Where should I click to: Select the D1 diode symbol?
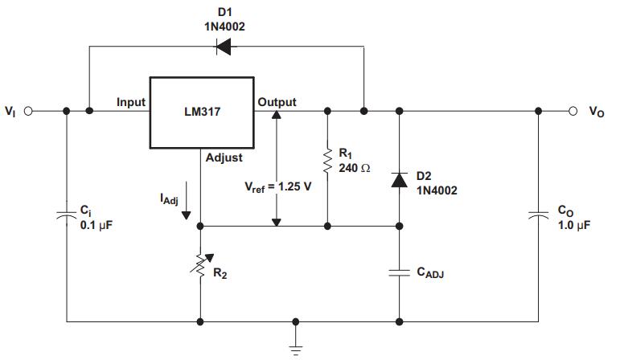[x=224, y=47]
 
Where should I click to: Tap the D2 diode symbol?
[x=400, y=180]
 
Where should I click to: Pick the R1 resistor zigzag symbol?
[x=327, y=161]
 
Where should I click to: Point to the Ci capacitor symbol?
[x=67, y=215]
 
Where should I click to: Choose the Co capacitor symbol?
[x=538, y=215]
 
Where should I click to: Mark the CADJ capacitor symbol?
[x=400, y=272]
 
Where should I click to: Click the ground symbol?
[x=296, y=349]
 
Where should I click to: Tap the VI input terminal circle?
[x=28, y=111]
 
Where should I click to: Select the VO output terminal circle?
[x=573, y=111]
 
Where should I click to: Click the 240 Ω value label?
[x=355, y=168]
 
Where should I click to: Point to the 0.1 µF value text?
[x=96, y=225]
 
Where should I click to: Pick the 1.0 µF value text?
[x=573, y=225]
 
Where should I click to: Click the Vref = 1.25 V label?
[x=278, y=187]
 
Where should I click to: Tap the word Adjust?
[x=224, y=157]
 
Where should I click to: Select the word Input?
[x=131, y=102]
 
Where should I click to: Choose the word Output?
[x=277, y=102]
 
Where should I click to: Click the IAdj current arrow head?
[x=186, y=215]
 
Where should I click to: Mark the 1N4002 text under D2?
[x=437, y=190]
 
